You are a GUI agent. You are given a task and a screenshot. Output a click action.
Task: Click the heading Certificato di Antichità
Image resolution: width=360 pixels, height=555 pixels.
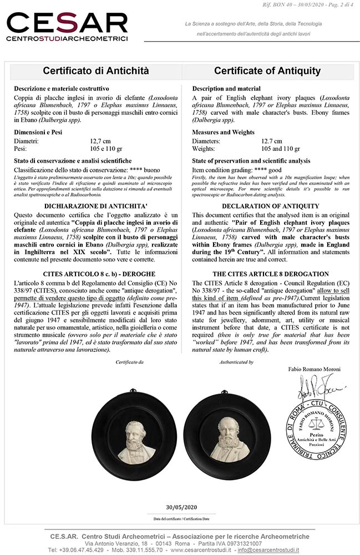pyautogui.click(x=97, y=70)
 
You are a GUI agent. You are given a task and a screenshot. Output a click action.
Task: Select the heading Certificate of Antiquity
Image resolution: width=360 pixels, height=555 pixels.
pyautogui.click(x=267, y=70)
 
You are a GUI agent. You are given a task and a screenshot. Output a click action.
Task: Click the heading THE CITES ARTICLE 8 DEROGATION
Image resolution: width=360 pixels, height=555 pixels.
pyautogui.click(x=267, y=274)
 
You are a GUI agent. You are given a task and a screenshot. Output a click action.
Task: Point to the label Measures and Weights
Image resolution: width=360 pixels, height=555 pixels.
pyautogui.click(x=223, y=132)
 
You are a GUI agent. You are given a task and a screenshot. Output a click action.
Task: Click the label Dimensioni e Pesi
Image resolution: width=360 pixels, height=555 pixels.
pyautogui.click(x=45, y=132)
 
